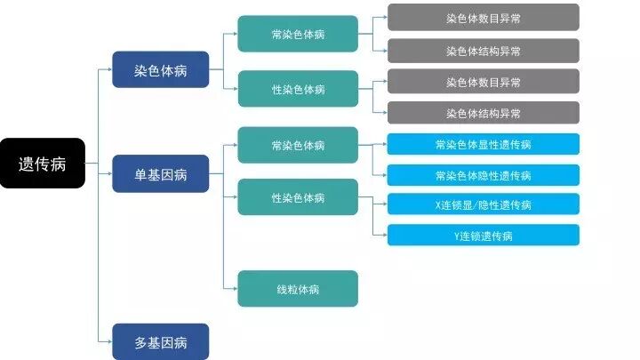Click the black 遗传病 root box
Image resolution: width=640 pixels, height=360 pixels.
tap(43, 164)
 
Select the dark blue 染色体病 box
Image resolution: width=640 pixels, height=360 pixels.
tap(160, 69)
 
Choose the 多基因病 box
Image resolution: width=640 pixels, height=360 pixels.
tap(160, 342)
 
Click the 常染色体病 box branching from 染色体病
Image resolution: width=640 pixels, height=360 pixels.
tap(298, 35)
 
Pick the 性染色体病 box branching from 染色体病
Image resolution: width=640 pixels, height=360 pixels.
tap(298, 89)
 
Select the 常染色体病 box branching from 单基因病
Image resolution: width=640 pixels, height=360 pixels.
tap(298, 145)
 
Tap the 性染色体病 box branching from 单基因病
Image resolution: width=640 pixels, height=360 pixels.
tap(298, 197)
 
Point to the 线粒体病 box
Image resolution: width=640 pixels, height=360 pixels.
tap(298, 289)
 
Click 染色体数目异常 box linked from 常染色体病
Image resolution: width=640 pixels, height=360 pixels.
tap(483, 18)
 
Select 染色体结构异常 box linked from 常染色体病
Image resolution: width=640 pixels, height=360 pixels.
tap(483, 51)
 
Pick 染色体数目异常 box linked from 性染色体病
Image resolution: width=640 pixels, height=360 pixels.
tap(483, 82)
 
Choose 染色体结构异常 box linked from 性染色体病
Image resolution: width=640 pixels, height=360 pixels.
tap(483, 113)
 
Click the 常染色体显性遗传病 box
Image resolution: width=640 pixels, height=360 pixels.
tap(483, 144)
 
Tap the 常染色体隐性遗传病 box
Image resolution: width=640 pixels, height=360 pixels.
tap(483, 175)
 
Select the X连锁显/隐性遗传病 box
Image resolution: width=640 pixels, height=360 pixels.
tap(483, 204)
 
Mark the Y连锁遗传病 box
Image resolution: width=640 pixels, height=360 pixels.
tap(483, 236)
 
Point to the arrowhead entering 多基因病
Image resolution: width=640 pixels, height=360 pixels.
tap(108, 342)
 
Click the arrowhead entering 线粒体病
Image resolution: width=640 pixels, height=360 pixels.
tap(234, 289)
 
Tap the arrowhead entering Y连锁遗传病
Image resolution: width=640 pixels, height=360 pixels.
tap(383, 236)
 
